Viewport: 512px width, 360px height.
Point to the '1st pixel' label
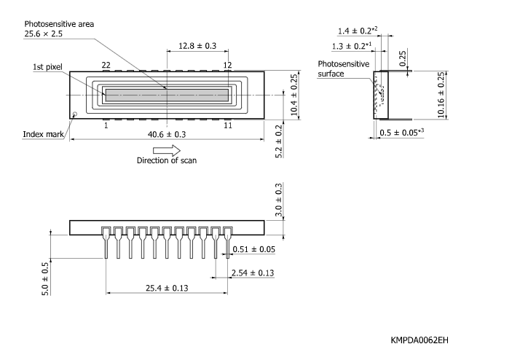click(47, 67)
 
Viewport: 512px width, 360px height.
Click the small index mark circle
click(74, 114)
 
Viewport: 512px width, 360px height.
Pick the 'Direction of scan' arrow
click(166, 149)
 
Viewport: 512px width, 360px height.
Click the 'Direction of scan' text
click(167, 160)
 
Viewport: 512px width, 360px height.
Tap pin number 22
click(106, 66)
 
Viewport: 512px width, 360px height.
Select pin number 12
click(227, 66)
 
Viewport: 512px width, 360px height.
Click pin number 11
click(227, 125)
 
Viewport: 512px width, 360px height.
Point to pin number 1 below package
click(106, 125)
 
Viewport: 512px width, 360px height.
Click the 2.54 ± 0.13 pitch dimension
click(251, 273)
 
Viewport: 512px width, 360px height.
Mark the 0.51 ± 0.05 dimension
click(254, 250)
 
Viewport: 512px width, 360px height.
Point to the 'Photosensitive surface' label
click(344, 69)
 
